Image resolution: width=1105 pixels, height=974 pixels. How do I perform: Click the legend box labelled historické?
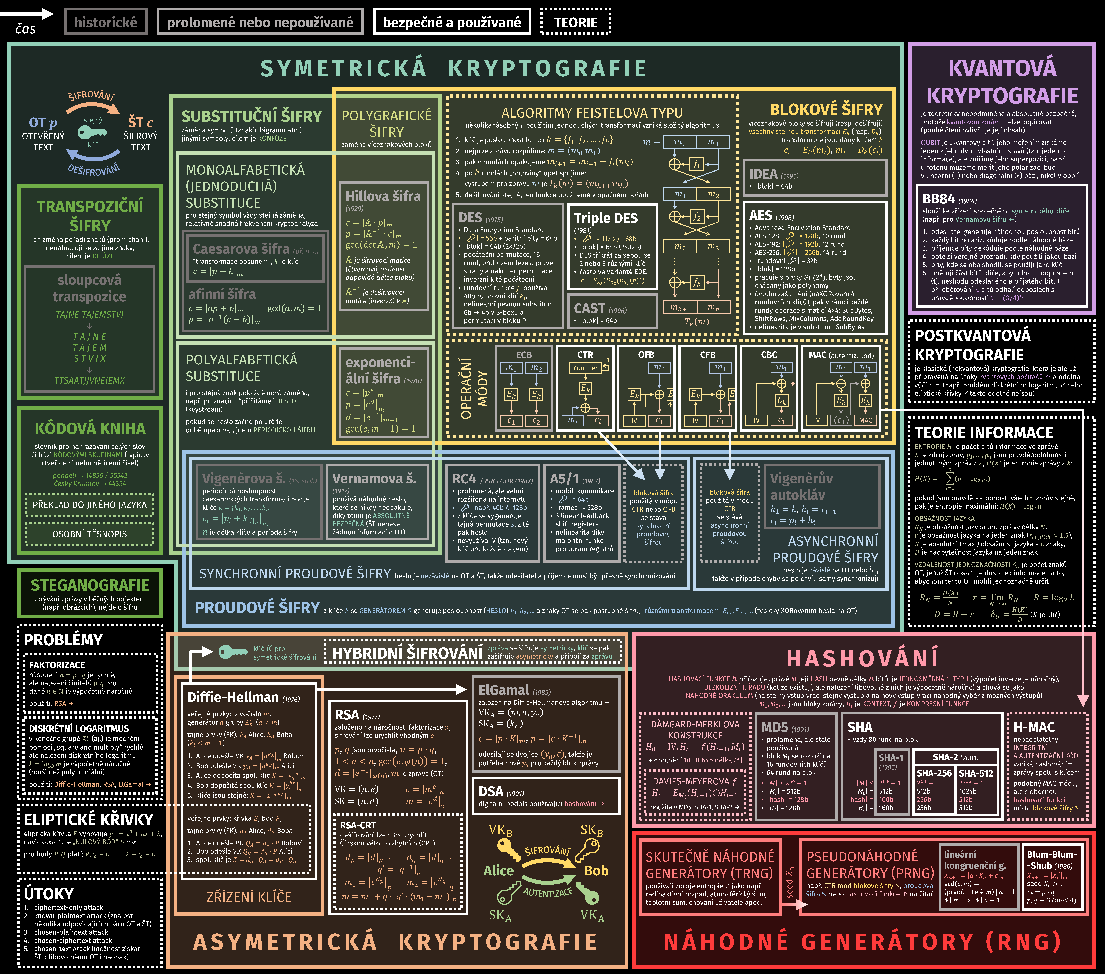pos(105,22)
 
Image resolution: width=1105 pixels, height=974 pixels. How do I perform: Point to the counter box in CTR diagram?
pos(585,368)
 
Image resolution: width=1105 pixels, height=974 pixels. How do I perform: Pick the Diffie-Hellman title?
pos(233,697)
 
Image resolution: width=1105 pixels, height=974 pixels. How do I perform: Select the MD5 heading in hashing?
pos(774,727)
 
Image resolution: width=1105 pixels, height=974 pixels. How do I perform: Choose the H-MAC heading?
pos(1034,727)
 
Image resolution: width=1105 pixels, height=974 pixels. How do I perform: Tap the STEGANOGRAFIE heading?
pos(90,585)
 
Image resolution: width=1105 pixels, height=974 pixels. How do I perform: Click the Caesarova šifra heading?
pos(241,249)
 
